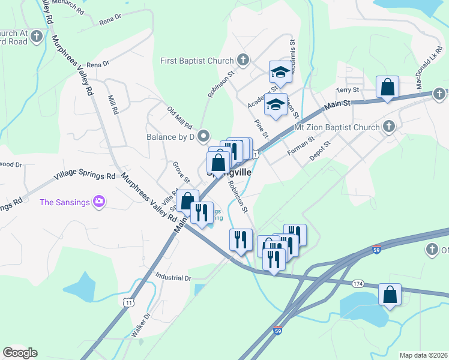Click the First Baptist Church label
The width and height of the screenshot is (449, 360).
coord(196,61)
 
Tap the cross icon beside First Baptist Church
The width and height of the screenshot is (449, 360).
coord(243,60)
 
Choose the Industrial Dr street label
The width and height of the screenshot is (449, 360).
coord(172,278)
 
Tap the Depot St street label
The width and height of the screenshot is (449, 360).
coord(320,151)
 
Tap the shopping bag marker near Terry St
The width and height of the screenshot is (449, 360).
coord(388,87)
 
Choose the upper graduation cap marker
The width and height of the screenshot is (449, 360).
coord(280,72)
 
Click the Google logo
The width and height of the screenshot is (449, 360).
coord(20,353)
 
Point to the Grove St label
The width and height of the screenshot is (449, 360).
coord(181,172)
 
